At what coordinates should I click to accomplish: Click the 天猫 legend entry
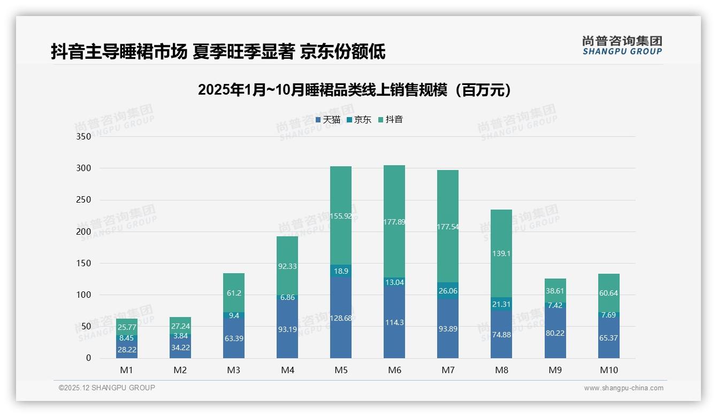pyautogui.click(x=328, y=120)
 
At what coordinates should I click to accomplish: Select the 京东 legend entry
pyautogui.click(x=359, y=120)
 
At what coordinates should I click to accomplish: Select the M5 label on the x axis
pyautogui.click(x=341, y=370)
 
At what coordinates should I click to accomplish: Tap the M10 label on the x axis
pyautogui.click(x=608, y=370)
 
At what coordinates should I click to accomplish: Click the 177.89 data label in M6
pyautogui.click(x=394, y=222)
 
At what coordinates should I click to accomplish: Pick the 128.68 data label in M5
pyautogui.click(x=341, y=318)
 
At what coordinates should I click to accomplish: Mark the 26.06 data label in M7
pyautogui.click(x=448, y=291)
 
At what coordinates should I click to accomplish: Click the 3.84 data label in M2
pyautogui.click(x=180, y=336)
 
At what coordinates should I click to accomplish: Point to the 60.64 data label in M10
pyautogui.click(x=608, y=293)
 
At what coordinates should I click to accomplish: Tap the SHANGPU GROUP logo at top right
pyautogui.click(x=622, y=45)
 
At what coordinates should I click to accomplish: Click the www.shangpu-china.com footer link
pyautogui.click(x=623, y=388)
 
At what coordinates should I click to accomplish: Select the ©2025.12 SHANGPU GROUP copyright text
pyautogui.click(x=107, y=388)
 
